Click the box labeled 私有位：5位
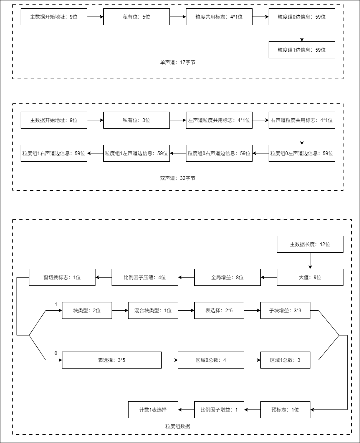tap(136, 17)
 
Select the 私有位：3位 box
tap(136, 120)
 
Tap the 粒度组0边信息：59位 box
tap(302, 17)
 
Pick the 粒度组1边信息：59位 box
tap(302, 50)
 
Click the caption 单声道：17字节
tap(178, 62)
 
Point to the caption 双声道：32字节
tap(178, 178)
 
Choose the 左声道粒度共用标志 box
tap(219, 120)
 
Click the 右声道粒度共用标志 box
tap(302, 120)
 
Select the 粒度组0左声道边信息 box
tap(302, 153)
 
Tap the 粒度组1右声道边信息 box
tap(54, 153)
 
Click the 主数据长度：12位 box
tap(310, 244)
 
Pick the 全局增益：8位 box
tap(227, 278)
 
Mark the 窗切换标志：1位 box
tap(62, 278)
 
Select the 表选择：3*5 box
tap(112, 360)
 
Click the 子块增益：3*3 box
tap(285, 311)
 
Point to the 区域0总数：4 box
tap(211, 360)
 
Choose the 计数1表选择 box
tap(153, 410)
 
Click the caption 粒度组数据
tap(178, 426)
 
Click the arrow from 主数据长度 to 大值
tap(310, 261)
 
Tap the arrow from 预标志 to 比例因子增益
tap(252, 410)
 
